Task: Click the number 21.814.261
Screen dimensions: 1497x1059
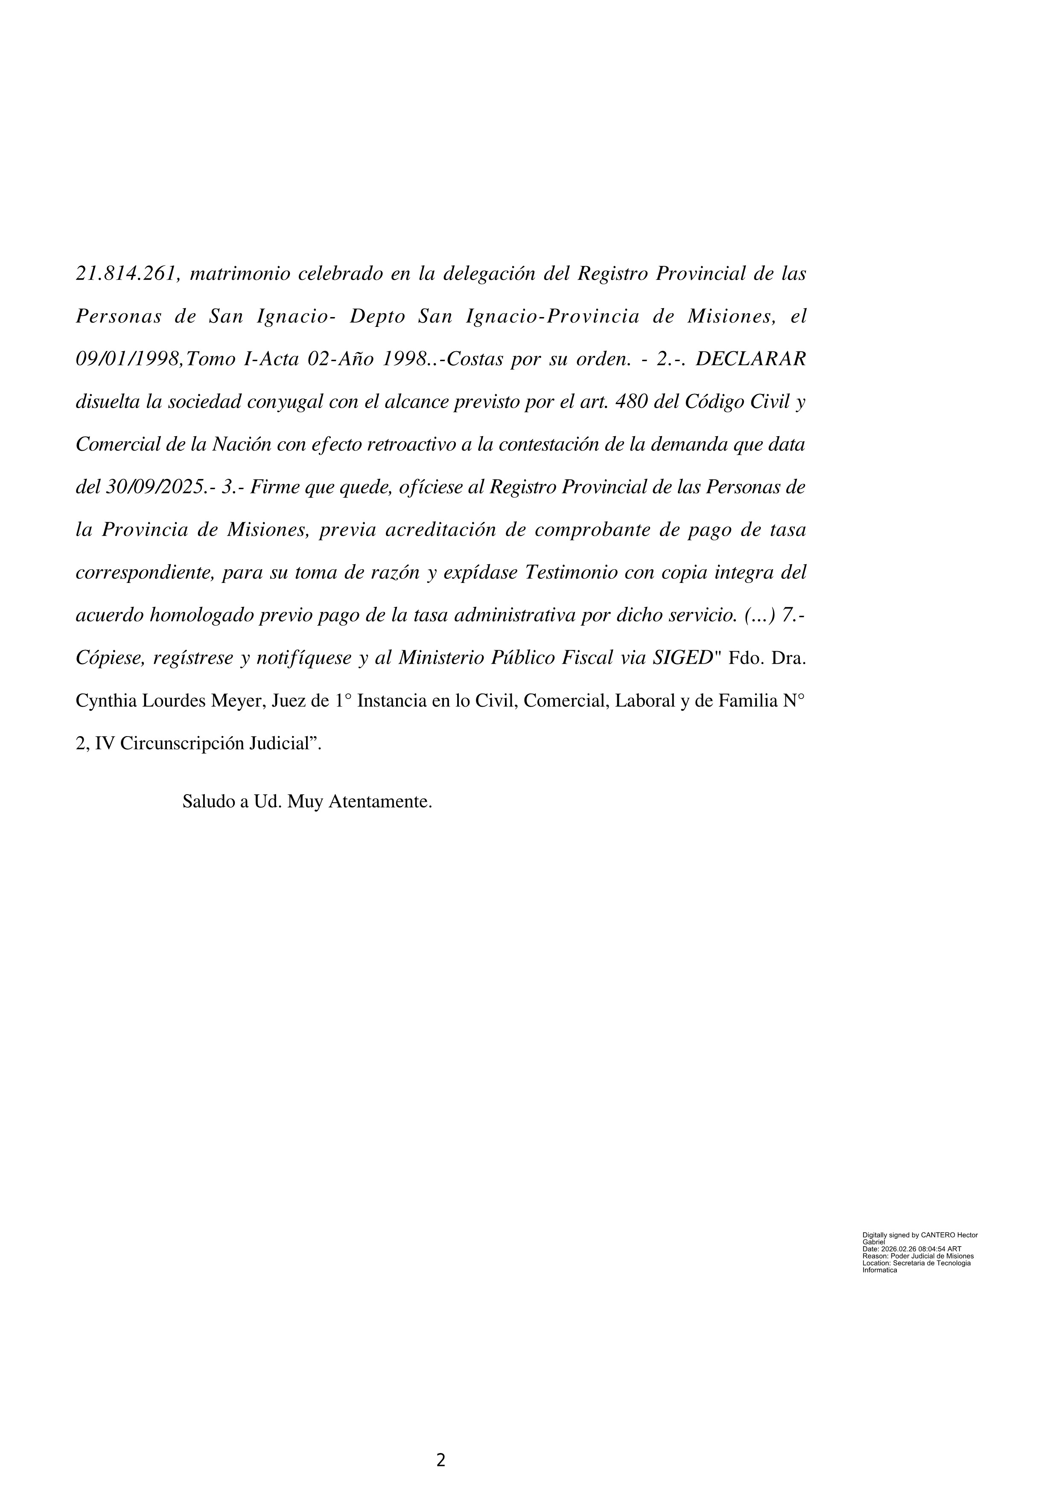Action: [127, 274]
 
